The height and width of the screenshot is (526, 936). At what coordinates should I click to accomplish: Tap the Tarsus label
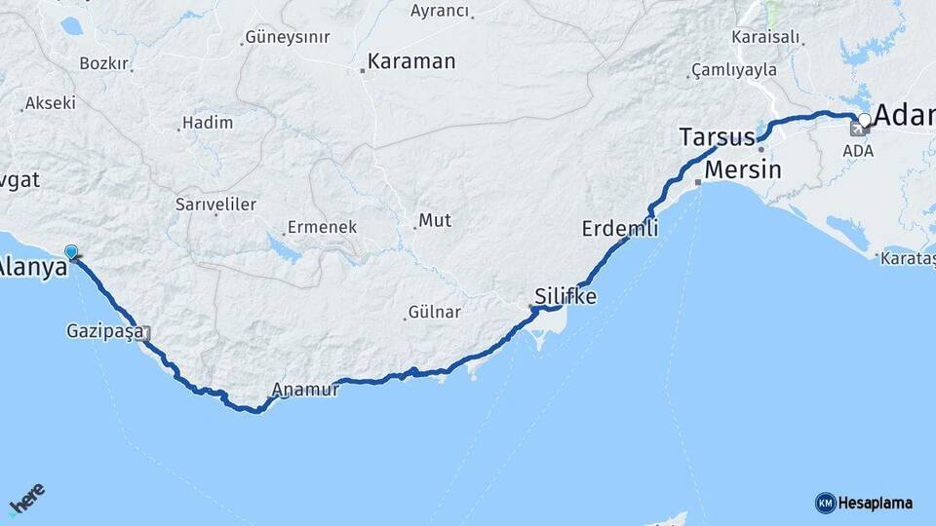coord(717,136)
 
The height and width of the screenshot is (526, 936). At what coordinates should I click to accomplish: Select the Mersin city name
coord(743,169)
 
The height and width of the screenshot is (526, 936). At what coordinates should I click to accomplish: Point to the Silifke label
coord(565,296)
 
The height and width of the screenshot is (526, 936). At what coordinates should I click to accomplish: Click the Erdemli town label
coord(620,230)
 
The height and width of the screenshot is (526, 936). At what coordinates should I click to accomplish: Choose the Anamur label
coord(305,390)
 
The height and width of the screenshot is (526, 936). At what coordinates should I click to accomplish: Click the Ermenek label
coord(322,228)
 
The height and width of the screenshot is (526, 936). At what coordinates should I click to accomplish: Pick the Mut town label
coord(435,220)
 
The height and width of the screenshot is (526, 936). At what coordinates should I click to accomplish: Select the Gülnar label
coord(433,313)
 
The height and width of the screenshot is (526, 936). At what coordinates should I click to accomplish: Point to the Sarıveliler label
coord(215,205)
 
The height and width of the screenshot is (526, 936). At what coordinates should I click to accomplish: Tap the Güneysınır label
coord(289,37)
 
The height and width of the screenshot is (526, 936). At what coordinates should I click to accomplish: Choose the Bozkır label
coord(103,63)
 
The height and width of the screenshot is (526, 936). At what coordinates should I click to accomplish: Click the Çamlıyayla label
coord(734,69)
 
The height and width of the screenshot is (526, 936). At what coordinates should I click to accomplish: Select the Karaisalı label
coord(765,37)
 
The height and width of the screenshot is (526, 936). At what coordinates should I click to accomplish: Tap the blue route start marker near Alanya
coord(71,252)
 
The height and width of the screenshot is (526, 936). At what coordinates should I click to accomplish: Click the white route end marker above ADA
coord(864,121)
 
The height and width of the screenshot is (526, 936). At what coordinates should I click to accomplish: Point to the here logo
coord(26,498)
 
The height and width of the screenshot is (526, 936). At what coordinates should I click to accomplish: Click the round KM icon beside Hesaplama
coord(826,503)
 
